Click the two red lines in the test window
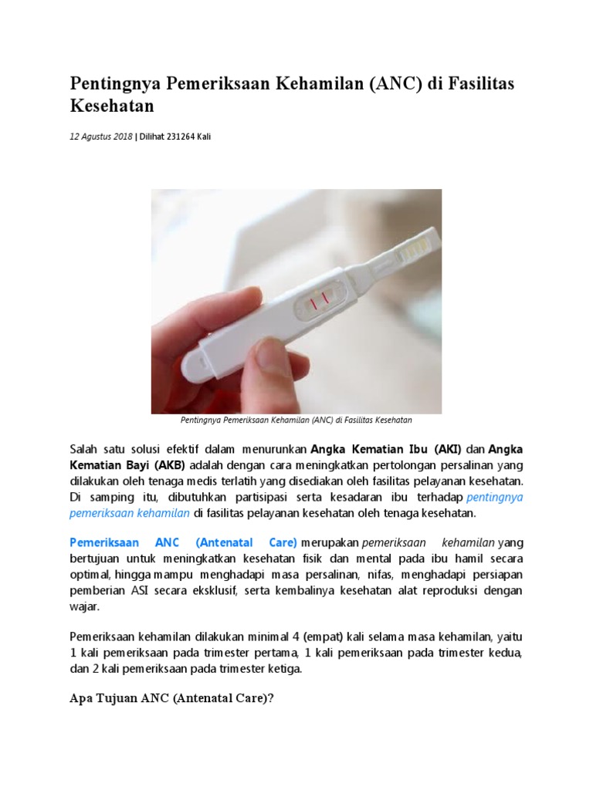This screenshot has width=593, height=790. tap(319, 298)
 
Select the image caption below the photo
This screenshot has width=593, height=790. tap(296, 420)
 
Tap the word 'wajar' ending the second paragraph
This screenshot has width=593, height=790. tap(83, 607)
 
